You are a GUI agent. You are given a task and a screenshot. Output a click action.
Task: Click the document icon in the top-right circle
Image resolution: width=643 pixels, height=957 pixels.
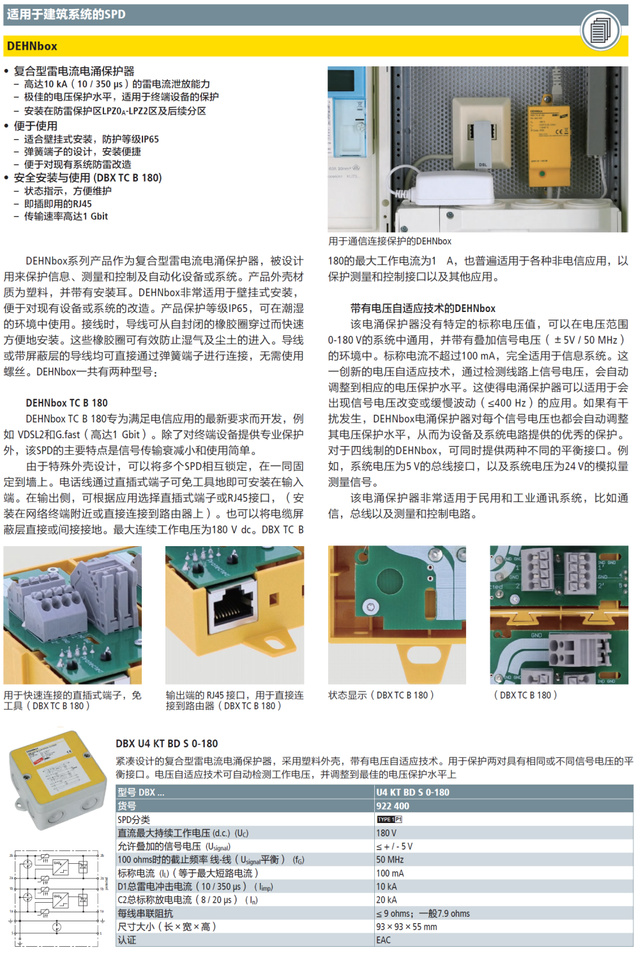pos(601,30)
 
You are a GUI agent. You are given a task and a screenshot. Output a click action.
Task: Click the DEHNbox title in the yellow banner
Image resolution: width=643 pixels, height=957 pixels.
pos(32,47)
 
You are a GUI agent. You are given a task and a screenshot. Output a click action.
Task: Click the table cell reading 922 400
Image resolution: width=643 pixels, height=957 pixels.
pos(393,806)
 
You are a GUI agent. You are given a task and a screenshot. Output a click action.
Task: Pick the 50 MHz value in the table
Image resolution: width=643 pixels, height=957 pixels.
pos(390,859)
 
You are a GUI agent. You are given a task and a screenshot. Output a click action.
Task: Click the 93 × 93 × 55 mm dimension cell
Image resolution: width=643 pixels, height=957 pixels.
pos(406,926)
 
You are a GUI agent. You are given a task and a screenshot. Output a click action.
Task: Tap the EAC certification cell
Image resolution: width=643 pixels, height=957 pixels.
pos(383,940)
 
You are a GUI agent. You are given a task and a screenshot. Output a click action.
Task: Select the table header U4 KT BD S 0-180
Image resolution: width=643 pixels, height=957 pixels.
pos(412,792)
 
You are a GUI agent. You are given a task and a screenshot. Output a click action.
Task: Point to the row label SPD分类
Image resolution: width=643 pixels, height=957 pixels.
pos(133,819)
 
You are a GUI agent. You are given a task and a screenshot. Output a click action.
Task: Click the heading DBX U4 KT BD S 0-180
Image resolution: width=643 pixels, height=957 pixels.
pos(167,743)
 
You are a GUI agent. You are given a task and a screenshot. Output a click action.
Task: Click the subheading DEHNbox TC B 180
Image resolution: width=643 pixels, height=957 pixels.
pos(66,403)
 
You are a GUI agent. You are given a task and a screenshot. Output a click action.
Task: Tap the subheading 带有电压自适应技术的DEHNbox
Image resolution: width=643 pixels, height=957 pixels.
pos(423,308)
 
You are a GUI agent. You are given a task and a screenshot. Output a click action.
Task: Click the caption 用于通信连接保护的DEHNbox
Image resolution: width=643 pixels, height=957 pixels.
pos(390,241)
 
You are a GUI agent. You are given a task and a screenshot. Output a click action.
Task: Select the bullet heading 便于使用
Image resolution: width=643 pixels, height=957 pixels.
pos(36,126)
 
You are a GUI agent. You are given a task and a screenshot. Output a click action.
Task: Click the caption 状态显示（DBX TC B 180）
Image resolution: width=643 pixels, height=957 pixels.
pos(381,695)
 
